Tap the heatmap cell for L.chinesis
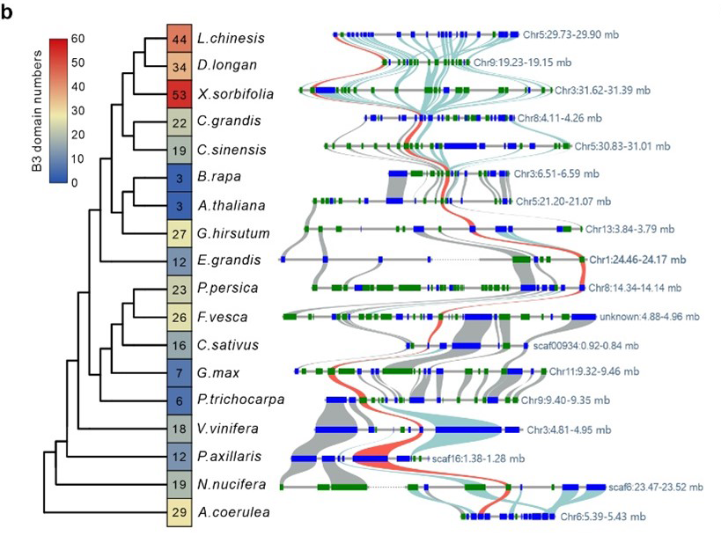pyautogui.click(x=180, y=39)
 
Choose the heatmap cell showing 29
pyautogui.click(x=180, y=511)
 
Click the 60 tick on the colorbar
pyautogui.click(x=78, y=39)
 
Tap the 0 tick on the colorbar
pyautogui.click(x=76, y=182)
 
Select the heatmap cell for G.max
pyautogui.click(x=180, y=372)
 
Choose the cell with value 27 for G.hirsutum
pyautogui.click(x=180, y=233)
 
